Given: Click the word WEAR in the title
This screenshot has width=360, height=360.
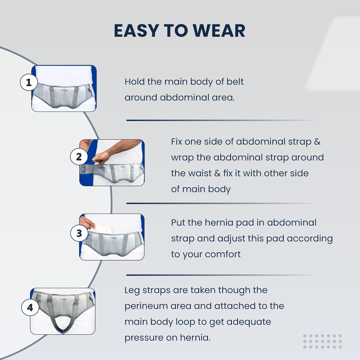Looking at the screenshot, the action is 219,31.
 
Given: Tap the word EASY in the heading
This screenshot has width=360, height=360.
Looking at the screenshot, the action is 137,31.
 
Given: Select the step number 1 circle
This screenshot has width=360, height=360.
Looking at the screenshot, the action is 29,82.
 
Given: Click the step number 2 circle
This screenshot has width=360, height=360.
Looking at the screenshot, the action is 79,156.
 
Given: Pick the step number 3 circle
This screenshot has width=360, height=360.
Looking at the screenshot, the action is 79,233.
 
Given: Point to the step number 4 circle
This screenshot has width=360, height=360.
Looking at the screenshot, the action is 30,307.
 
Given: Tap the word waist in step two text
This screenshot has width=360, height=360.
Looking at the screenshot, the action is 200,173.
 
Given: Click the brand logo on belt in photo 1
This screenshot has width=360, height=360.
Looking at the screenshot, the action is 64,90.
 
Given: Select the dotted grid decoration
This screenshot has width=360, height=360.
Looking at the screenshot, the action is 322,341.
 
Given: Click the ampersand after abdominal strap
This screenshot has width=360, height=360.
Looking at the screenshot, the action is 317,142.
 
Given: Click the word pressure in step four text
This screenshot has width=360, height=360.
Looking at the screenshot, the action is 150,338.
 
